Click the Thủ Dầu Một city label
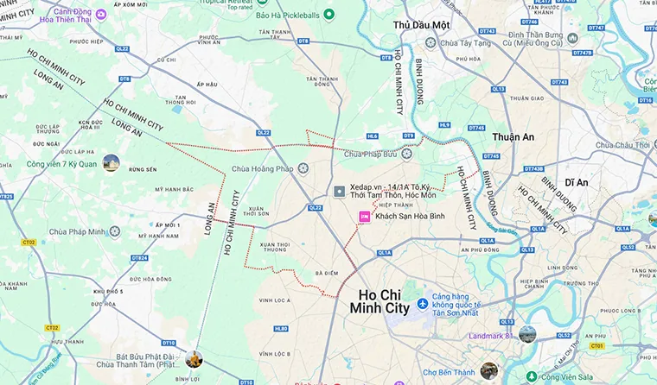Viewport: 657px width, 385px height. (x=421, y=26)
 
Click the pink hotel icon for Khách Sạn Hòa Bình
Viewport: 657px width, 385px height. (x=365, y=217)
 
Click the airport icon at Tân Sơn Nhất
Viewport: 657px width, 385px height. (x=423, y=304)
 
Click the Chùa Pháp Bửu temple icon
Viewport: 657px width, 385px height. (x=407, y=155)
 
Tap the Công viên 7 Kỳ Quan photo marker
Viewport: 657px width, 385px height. (x=111, y=162)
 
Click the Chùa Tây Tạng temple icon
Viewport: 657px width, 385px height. (x=442, y=41)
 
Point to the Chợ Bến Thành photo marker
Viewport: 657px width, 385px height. (x=489, y=370)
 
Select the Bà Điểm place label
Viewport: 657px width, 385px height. (x=326, y=273)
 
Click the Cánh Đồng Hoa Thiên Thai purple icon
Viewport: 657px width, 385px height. (x=101, y=14)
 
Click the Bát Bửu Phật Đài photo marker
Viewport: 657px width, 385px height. (x=194, y=358)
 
